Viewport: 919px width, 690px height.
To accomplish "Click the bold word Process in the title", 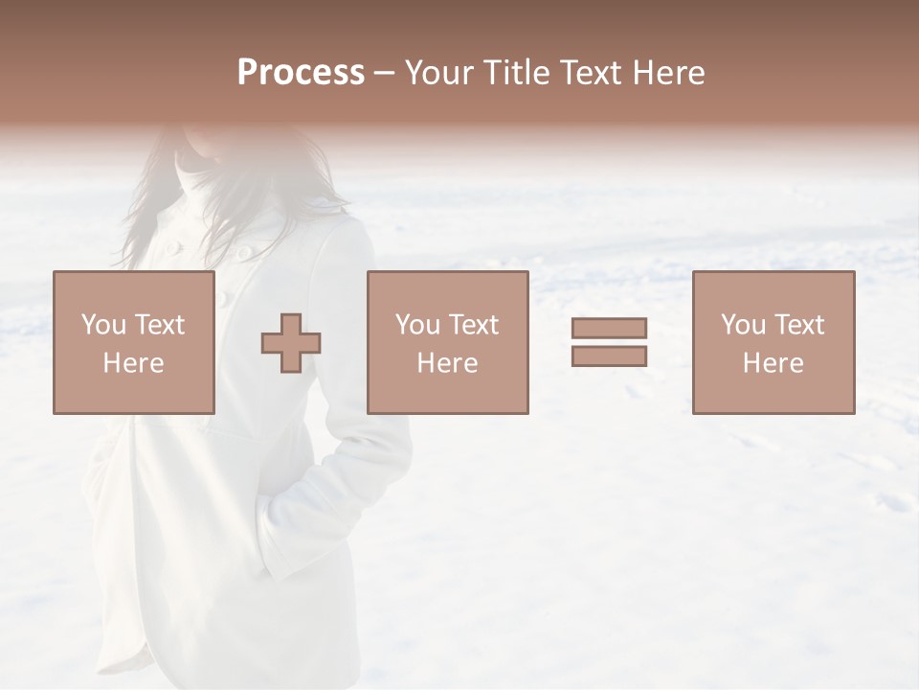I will click(301, 73).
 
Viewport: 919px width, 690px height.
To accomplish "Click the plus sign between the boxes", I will click(291, 342).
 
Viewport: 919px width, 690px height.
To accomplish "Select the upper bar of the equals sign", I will click(609, 328).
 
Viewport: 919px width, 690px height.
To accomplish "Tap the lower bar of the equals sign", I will click(609, 356).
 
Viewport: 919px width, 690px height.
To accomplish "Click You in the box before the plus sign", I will click(103, 325).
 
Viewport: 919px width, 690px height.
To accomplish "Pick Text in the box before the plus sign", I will click(158, 325).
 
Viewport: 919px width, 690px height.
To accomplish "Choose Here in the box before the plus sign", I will click(133, 363).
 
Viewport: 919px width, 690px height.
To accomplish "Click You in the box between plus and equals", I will click(417, 325).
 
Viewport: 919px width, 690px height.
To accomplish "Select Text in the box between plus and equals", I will click(472, 325).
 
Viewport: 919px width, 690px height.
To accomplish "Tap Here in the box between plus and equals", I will click(447, 363).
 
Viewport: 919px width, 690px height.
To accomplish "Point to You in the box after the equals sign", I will click(743, 325).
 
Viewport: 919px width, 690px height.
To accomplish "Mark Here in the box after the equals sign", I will click(773, 363).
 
